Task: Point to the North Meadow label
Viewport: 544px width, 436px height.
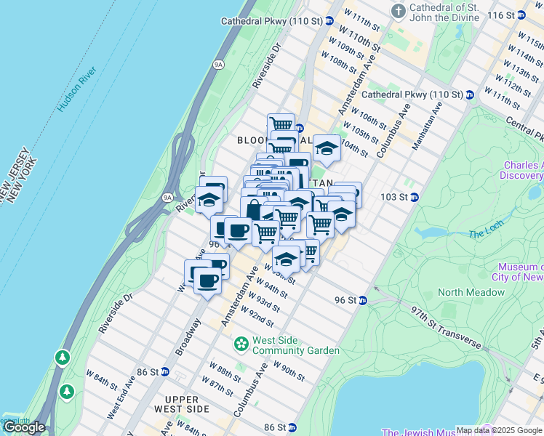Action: coord(471,292)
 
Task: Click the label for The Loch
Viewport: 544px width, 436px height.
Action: coord(486,233)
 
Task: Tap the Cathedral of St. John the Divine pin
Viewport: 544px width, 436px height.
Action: coord(398,11)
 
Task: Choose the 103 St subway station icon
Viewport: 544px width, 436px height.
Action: coord(415,197)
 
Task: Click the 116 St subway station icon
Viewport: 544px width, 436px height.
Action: coord(520,15)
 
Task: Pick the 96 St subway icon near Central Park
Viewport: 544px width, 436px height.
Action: coord(362,300)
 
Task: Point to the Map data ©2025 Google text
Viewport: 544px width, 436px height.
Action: coord(499,430)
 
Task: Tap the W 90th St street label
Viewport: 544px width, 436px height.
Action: coord(289,371)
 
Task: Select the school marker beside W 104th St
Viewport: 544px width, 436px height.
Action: coord(327,148)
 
